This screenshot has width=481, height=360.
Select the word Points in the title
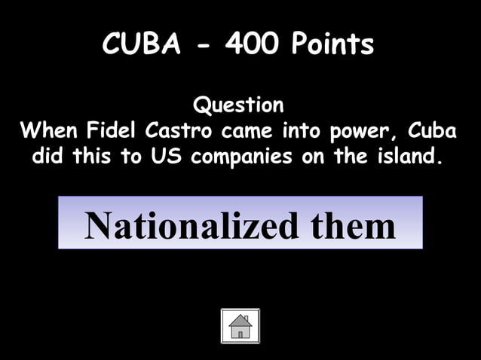pyautogui.click(x=333, y=46)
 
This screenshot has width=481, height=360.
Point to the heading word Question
pyautogui.click(x=239, y=104)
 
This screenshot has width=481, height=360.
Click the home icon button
pyautogui.click(x=240, y=325)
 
